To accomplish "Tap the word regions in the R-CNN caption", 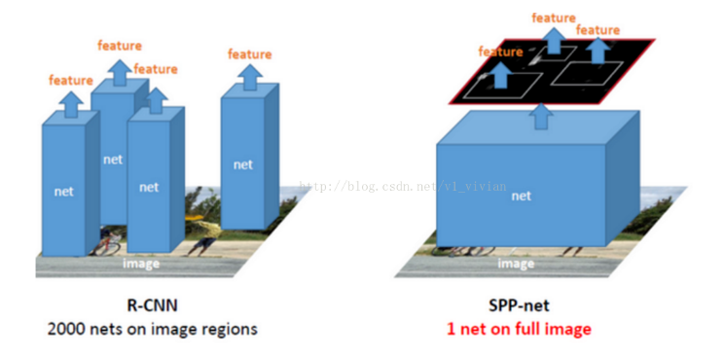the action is tap(229, 329).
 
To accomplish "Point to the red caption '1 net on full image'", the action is tap(519, 329).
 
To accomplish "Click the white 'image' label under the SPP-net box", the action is tap(516, 263).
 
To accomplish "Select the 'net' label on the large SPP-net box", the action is tap(522, 196).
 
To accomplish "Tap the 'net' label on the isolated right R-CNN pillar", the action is tap(243, 164).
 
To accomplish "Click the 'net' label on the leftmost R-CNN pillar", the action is tap(64, 192).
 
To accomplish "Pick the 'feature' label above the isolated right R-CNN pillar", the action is tap(250, 54).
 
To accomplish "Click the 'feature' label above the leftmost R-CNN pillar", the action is tap(71, 80).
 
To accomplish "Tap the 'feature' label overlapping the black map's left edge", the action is tap(500, 51).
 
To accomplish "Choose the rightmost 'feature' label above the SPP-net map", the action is tap(598, 30).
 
